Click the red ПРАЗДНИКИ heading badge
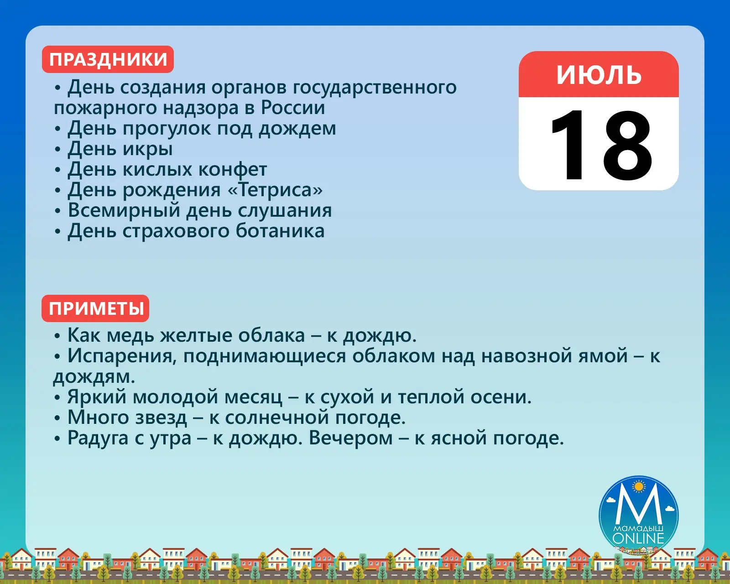click(108, 59)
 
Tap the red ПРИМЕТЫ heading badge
click(95, 308)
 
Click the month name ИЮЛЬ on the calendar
click(599, 75)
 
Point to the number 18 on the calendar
click(601, 146)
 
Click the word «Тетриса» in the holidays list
click(275, 190)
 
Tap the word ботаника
click(280, 231)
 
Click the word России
click(293, 108)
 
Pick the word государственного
click(375, 88)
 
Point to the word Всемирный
click(124, 211)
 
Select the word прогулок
click(166, 129)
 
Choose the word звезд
click(161, 418)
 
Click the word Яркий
click(97, 397)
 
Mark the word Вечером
click(350, 438)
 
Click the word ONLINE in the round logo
click(638, 538)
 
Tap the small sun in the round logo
click(639, 487)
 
